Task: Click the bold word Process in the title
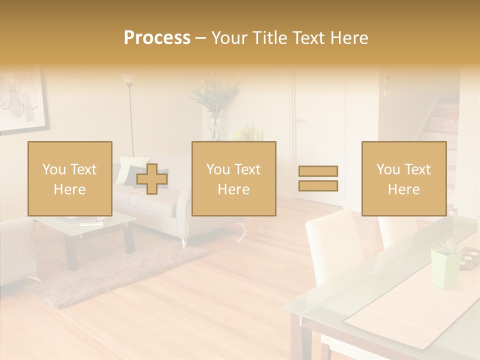[x=157, y=38]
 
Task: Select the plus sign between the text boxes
[x=152, y=178]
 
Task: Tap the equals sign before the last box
[x=318, y=178]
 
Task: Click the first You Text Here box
[x=70, y=178]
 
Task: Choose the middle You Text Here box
[x=233, y=178]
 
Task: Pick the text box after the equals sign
[x=403, y=178]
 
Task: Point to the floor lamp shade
[x=128, y=79]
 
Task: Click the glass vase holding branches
[x=214, y=127]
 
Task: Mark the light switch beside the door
[x=361, y=111]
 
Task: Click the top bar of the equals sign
[x=318, y=171]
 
